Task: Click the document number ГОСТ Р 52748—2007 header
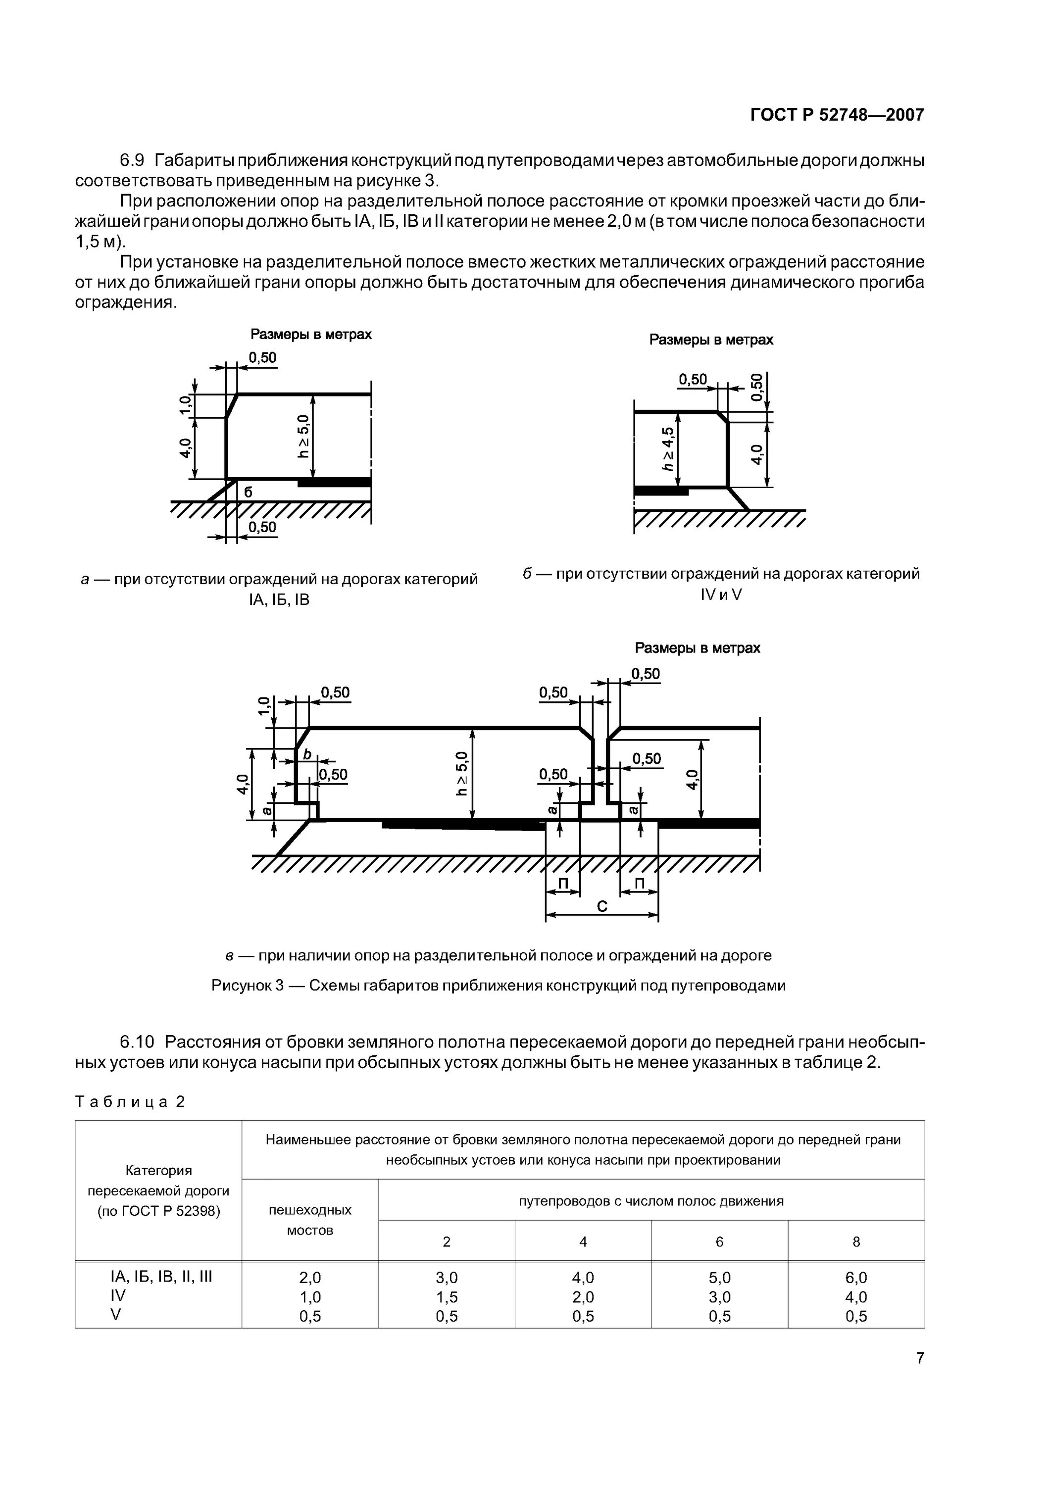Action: click(x=837, y=115)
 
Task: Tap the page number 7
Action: click(x=919, y=1358)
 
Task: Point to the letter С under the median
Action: click(x=601, y=907)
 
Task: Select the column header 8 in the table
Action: click(x=856, y=1241)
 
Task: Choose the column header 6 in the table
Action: click(x=719, y=1241)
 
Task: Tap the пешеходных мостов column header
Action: click(x=310, y=1220)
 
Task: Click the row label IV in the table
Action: click(x=118, y=1295)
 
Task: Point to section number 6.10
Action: click(x=137, y=1042)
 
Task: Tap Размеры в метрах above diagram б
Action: click(x=711, y=340)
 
